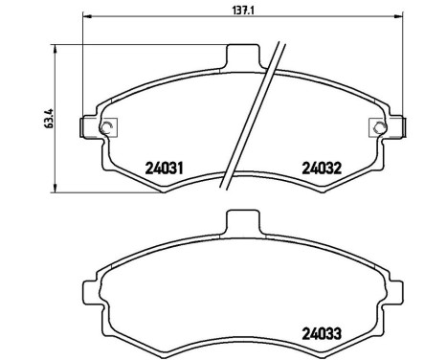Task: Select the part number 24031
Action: tap(164, 166)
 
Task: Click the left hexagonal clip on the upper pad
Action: tap(106, 127)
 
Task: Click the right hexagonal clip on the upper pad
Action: tap(377, 127)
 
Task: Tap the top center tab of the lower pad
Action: tap(242, 222)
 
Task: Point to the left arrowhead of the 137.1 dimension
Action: tap(87, 16)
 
